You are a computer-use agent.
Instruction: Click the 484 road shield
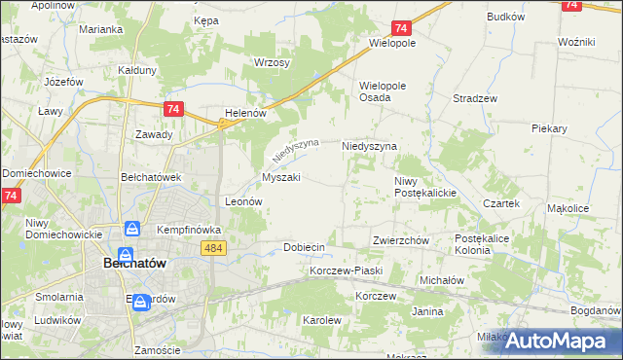coord(215,249)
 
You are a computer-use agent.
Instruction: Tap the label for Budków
coord(505,17)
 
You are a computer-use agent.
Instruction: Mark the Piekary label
coord(551,127)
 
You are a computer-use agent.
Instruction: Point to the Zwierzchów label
coord(401,239)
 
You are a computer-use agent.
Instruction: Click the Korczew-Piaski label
coord(347,270)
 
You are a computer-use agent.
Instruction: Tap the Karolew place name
coord(321,319)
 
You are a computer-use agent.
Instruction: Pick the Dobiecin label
coord(304,247)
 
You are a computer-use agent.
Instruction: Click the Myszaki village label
coord(281,177)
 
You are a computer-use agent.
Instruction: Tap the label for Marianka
coord(101,29)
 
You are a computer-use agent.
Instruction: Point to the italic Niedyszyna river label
coord(296,150)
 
